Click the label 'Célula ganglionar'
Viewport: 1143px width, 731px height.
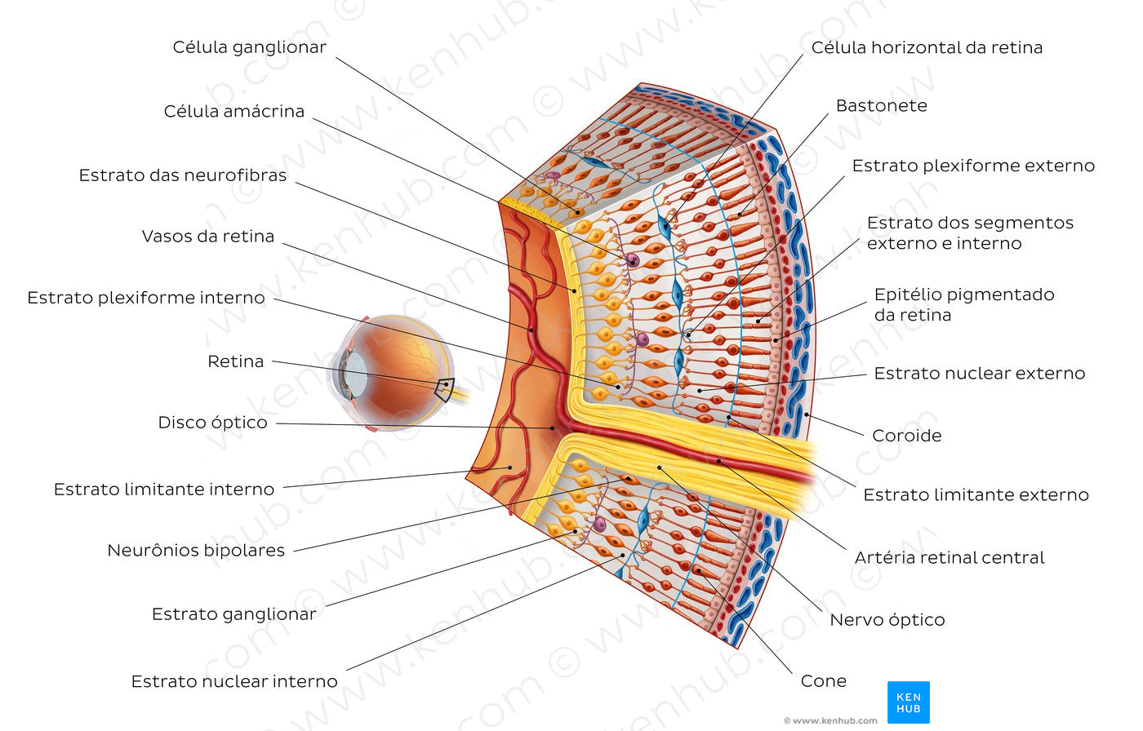(249, 47)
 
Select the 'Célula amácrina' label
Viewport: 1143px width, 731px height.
(233, 111)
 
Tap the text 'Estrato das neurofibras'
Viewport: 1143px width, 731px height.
(183, 175)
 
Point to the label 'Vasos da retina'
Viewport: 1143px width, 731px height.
(208, 237)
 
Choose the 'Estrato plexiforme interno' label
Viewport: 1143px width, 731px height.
(146, 298)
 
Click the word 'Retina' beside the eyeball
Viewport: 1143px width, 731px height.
(235, 361)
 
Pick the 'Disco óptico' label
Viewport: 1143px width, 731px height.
(212, 423)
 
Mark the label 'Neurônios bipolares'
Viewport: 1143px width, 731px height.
(196, 551)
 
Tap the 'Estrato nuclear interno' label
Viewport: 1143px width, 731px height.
(234, 681)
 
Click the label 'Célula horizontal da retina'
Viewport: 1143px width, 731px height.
(927, 47)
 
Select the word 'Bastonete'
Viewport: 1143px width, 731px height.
(881, 105)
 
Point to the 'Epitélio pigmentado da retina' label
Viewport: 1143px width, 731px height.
(963, 304)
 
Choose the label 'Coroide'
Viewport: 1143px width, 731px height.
(906, 436)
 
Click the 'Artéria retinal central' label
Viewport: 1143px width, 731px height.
(950, 558)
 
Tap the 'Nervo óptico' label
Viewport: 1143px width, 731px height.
(887, 620)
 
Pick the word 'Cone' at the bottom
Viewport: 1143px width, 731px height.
(823, 681)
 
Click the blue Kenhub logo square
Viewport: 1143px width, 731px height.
(908, 702)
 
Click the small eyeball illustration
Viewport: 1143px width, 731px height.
(392, 371)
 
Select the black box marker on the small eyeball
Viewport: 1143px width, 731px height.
(444, 388)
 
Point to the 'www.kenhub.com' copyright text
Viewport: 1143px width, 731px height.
(830, 721)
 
